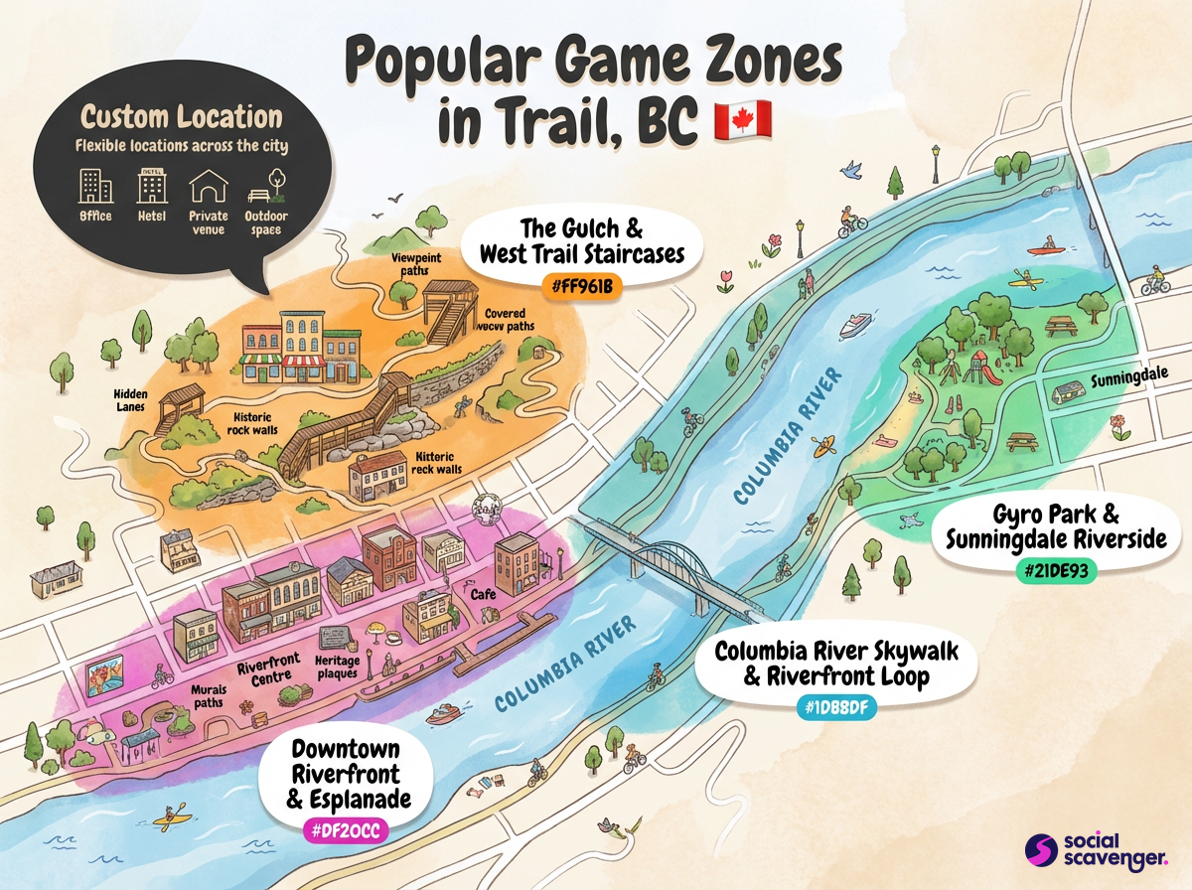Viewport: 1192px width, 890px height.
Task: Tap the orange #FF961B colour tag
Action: [x=582, y=288]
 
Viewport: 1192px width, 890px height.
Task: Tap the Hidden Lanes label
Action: [x=130, y=399]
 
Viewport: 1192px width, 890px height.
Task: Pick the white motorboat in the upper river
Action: [x=854, y=325]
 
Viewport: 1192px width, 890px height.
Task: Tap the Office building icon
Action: [x=95, y=186]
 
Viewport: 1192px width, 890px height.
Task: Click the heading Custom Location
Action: [x=182, y=117]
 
